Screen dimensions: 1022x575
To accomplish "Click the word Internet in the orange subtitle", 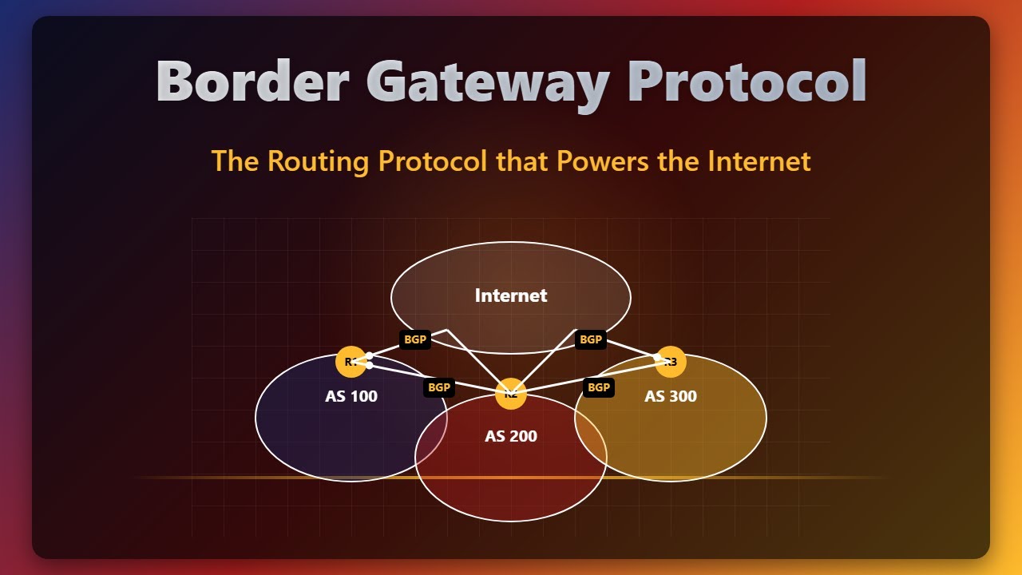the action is (x=759, y=161).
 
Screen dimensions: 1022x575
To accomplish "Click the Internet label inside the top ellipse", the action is (x=511, y=295).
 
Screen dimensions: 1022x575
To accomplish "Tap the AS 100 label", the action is (x=351, y=396).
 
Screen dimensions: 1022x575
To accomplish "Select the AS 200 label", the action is (x=511, y=436).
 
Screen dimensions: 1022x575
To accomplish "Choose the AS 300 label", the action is (x=671, y=396).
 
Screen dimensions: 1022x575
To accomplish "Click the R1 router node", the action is (x=351, y=362).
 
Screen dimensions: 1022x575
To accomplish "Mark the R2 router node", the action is (x=511, y=394).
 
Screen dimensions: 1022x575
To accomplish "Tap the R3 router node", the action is (x=671, y=362).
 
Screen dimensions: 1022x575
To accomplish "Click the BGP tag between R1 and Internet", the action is (x=415, y=339).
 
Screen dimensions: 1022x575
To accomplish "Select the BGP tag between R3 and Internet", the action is (x=591, y=339).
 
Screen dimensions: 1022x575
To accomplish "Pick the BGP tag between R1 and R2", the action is (x=439, y=387).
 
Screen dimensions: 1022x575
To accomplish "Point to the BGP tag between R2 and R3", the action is (x=599, y=387).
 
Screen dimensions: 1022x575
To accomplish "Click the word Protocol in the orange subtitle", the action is (x=432, y=161).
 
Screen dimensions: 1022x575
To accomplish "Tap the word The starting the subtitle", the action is (x=236, y=161).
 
